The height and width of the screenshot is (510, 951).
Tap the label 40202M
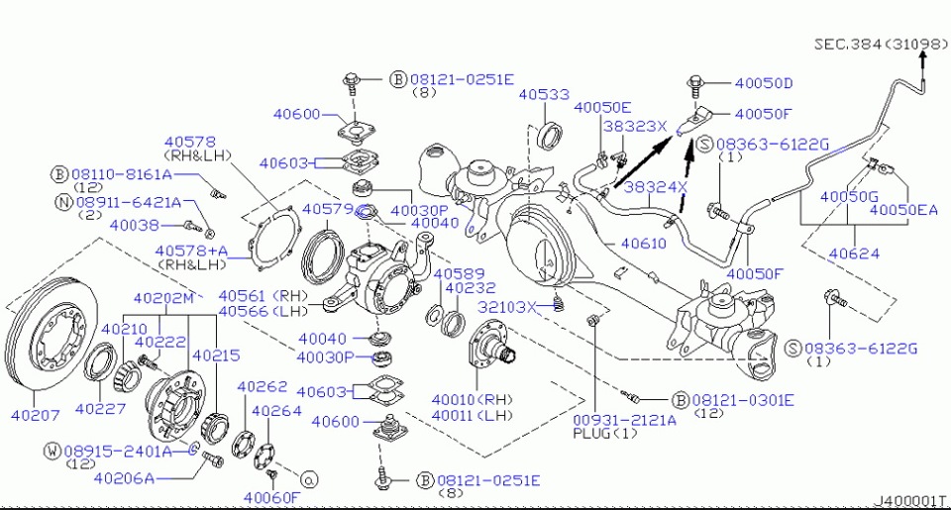tap(164, 297)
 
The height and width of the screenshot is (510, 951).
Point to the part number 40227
tap(99, 408)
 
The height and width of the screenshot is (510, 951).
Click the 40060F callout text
tap(269, 496)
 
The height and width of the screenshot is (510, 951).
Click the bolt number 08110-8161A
tap(123, 174)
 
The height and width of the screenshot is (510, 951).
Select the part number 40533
tap(542, 95)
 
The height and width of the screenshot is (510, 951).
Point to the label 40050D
tap(764, 83)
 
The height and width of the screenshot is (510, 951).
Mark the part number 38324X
tap(655, 186)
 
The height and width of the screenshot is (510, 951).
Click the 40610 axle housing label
tap(643, 243)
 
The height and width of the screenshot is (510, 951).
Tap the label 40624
tap(853, 254)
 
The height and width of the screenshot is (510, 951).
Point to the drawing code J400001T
tap(908, 502)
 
